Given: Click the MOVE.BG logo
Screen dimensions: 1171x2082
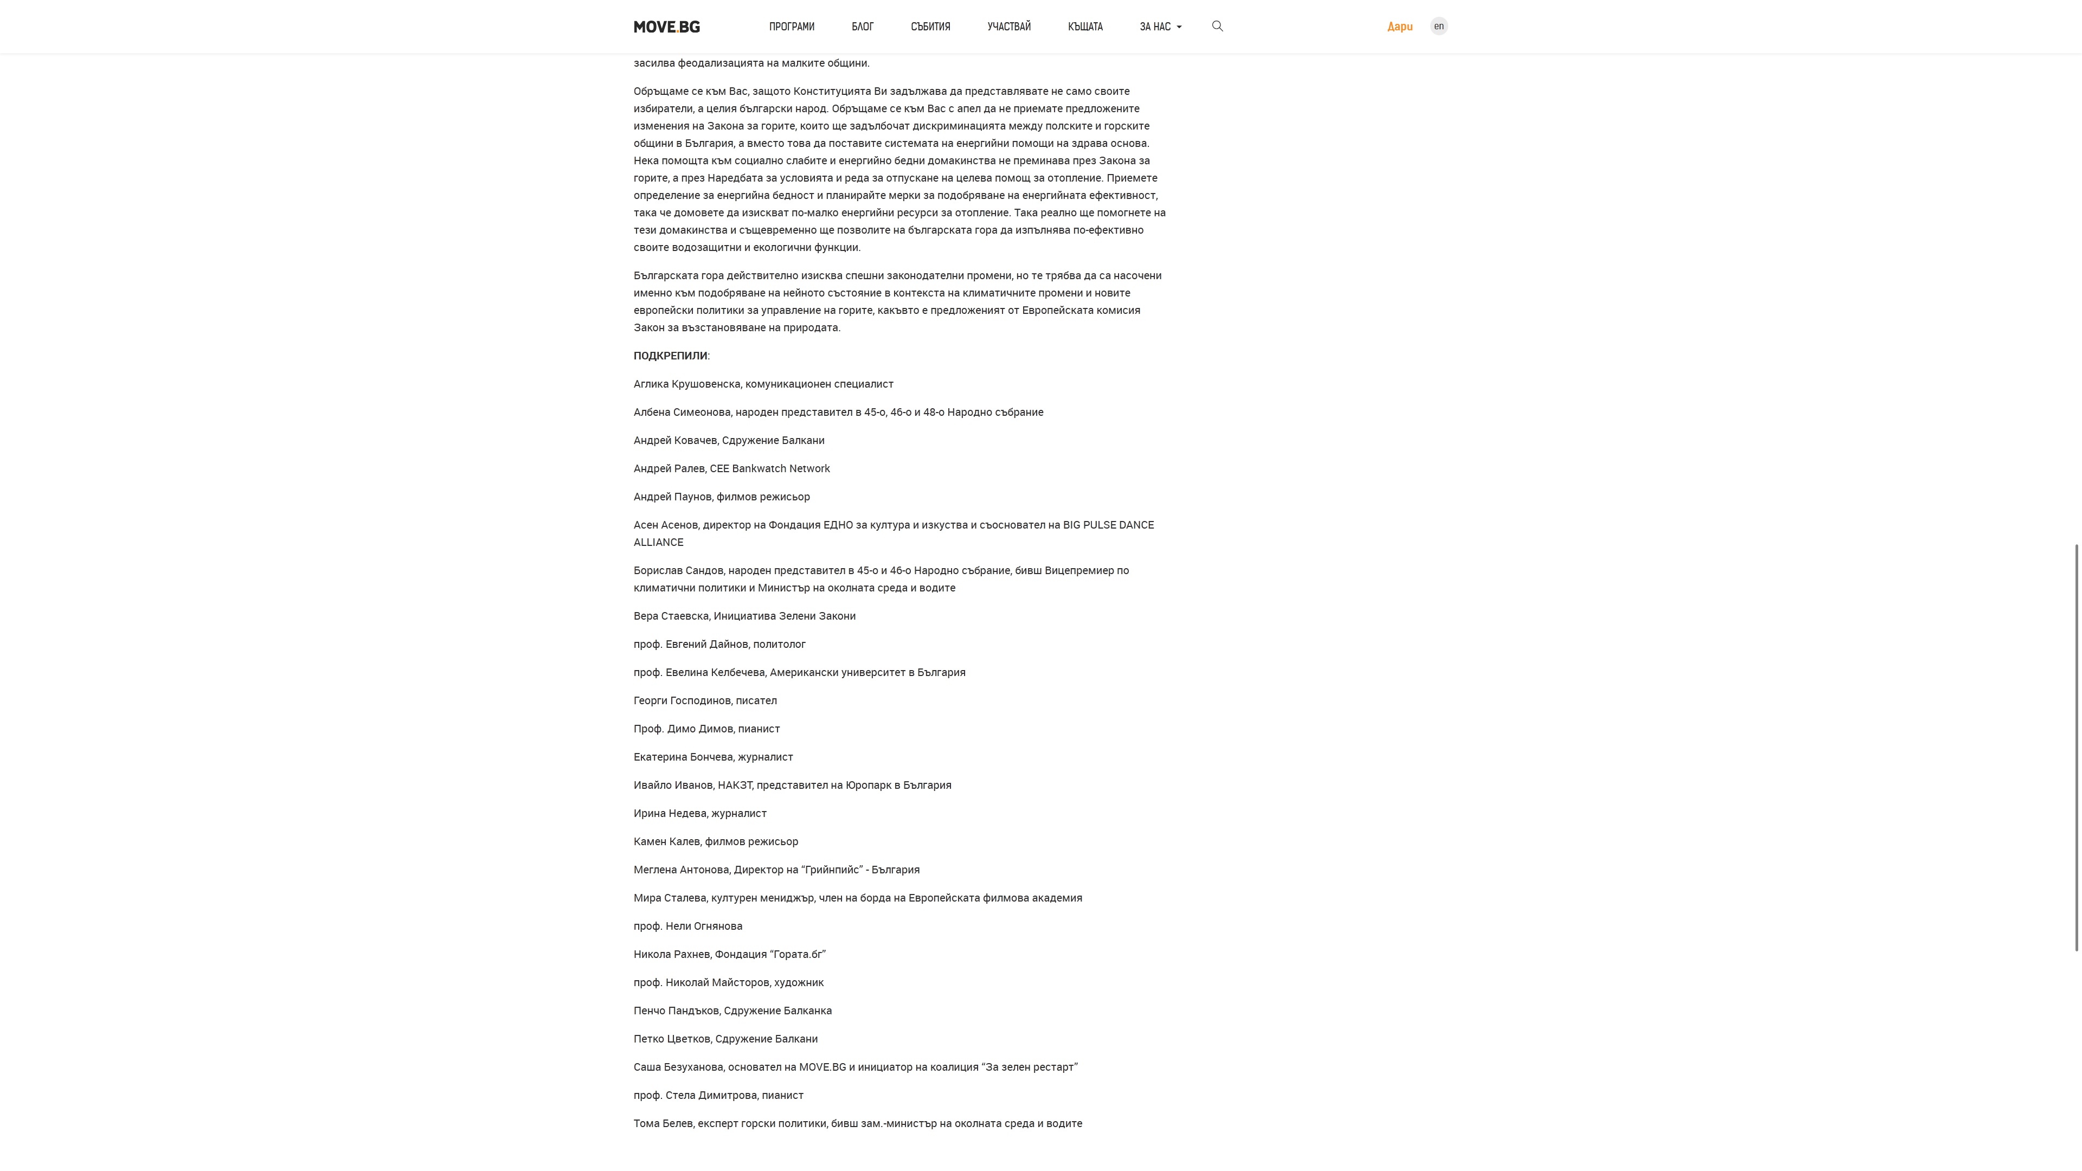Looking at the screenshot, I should point(667,27).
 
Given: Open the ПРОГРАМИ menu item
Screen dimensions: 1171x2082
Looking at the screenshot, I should point(791,27).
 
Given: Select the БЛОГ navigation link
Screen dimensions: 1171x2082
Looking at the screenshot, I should point(863,27).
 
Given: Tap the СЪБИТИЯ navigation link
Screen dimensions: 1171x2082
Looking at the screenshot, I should point(930,27).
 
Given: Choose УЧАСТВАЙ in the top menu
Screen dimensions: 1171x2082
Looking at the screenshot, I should point(1008,27).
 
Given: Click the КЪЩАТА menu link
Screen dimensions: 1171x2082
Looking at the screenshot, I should point(1084,27).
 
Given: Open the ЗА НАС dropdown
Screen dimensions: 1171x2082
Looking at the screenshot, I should point(1160,27).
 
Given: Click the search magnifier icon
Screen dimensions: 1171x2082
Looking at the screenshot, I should point(1217,26).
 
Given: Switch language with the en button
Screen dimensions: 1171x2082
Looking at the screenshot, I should point(1438,26).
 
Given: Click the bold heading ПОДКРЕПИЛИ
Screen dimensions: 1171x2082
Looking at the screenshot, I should point(670,356).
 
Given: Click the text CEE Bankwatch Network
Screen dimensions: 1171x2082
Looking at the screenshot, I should point(769,469).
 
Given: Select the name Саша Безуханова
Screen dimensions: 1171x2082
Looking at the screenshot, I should point(679,1067).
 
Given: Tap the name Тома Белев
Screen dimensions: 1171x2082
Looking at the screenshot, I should point(662,1123).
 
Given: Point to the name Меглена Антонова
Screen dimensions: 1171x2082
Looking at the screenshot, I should point(680,870).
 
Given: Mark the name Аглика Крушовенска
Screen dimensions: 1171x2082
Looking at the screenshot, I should point(686,384).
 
